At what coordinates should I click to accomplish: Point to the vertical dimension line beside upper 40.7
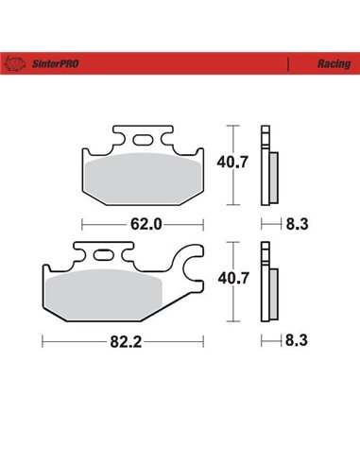(231, 164)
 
